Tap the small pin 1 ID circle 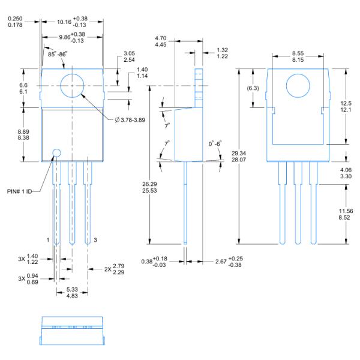tap(56, 152)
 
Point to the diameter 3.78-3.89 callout tap(134, 119)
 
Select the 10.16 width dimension tap(71, 22)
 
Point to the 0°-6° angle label tap(215, 144)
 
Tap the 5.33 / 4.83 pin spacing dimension tap(71, 292)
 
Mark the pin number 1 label tap(49, 239)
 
